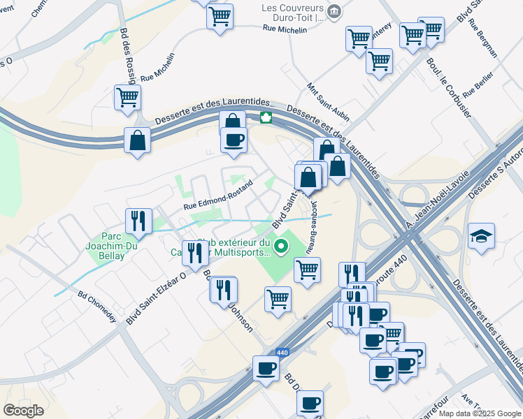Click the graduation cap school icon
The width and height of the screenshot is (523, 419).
[481, 235]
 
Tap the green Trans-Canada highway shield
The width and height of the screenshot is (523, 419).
[266, 117]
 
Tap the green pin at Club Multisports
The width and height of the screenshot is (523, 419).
[281, 245]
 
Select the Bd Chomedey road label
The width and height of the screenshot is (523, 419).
[96, 304]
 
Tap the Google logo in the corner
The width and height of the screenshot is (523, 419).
[24, 410]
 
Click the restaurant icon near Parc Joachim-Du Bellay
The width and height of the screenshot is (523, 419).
[138, 221]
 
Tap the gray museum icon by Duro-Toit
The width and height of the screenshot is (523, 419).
[334, 12]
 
